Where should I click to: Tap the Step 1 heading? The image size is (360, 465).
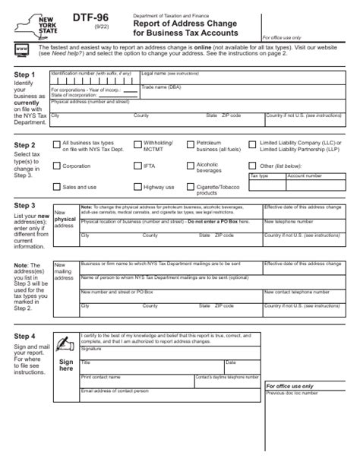click(x=24, y=75)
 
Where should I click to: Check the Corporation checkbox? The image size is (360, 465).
click(x=55, y=166)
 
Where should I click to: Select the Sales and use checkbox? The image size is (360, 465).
click(x=55, y=187)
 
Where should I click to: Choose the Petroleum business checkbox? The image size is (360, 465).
click(x=189, y=144)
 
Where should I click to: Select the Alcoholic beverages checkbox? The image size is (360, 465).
click(x=189, y=166)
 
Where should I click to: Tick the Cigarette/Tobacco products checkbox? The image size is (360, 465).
click(x=189, y=187)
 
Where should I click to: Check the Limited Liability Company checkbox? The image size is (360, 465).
click(x=252, y=144)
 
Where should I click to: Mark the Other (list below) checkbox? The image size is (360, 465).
click(x=252, y=166)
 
